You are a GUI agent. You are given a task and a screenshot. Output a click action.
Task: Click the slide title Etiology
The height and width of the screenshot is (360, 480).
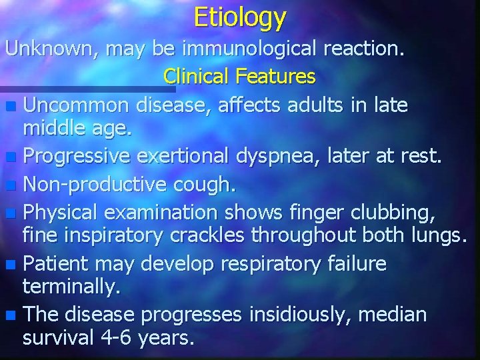click(240, 17)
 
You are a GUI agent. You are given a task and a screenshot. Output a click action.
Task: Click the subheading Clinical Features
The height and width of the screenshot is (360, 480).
click(239, 77)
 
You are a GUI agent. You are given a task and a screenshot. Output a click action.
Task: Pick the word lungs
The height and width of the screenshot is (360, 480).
click(437, 235)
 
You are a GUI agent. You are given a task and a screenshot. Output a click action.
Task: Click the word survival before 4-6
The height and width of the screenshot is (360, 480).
click(58, 338)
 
